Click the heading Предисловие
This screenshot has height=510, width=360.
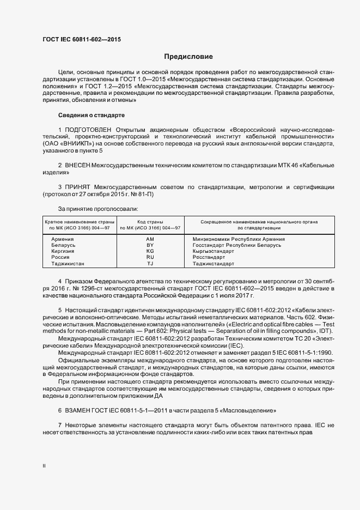point(188,57)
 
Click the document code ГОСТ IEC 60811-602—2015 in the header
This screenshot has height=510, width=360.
point(82,40)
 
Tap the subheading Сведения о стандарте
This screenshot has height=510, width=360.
point(91,116)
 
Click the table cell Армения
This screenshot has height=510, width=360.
point(62,239)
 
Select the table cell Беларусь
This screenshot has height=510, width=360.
point(63,245)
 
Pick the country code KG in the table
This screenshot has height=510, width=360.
point(150,251)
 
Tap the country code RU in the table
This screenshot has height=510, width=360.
point(150,257)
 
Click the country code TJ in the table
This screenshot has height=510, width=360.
point(150,264)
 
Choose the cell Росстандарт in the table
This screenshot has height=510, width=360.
point(209,257)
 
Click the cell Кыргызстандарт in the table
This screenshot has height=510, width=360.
point(213,251)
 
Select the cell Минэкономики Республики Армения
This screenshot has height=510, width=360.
point(239,239)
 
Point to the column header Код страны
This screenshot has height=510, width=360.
point(150,222)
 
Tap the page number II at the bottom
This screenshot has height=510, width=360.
point(45,466)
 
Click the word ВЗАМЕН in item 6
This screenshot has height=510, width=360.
point(80,409)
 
